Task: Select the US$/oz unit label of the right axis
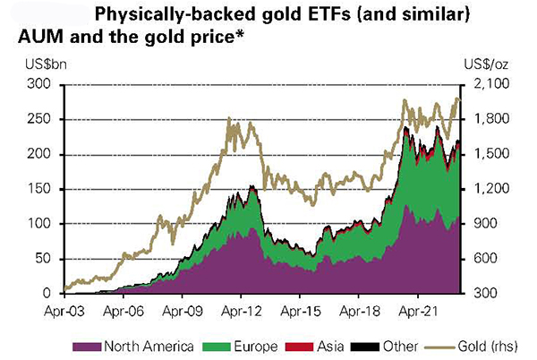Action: pos(489,64)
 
